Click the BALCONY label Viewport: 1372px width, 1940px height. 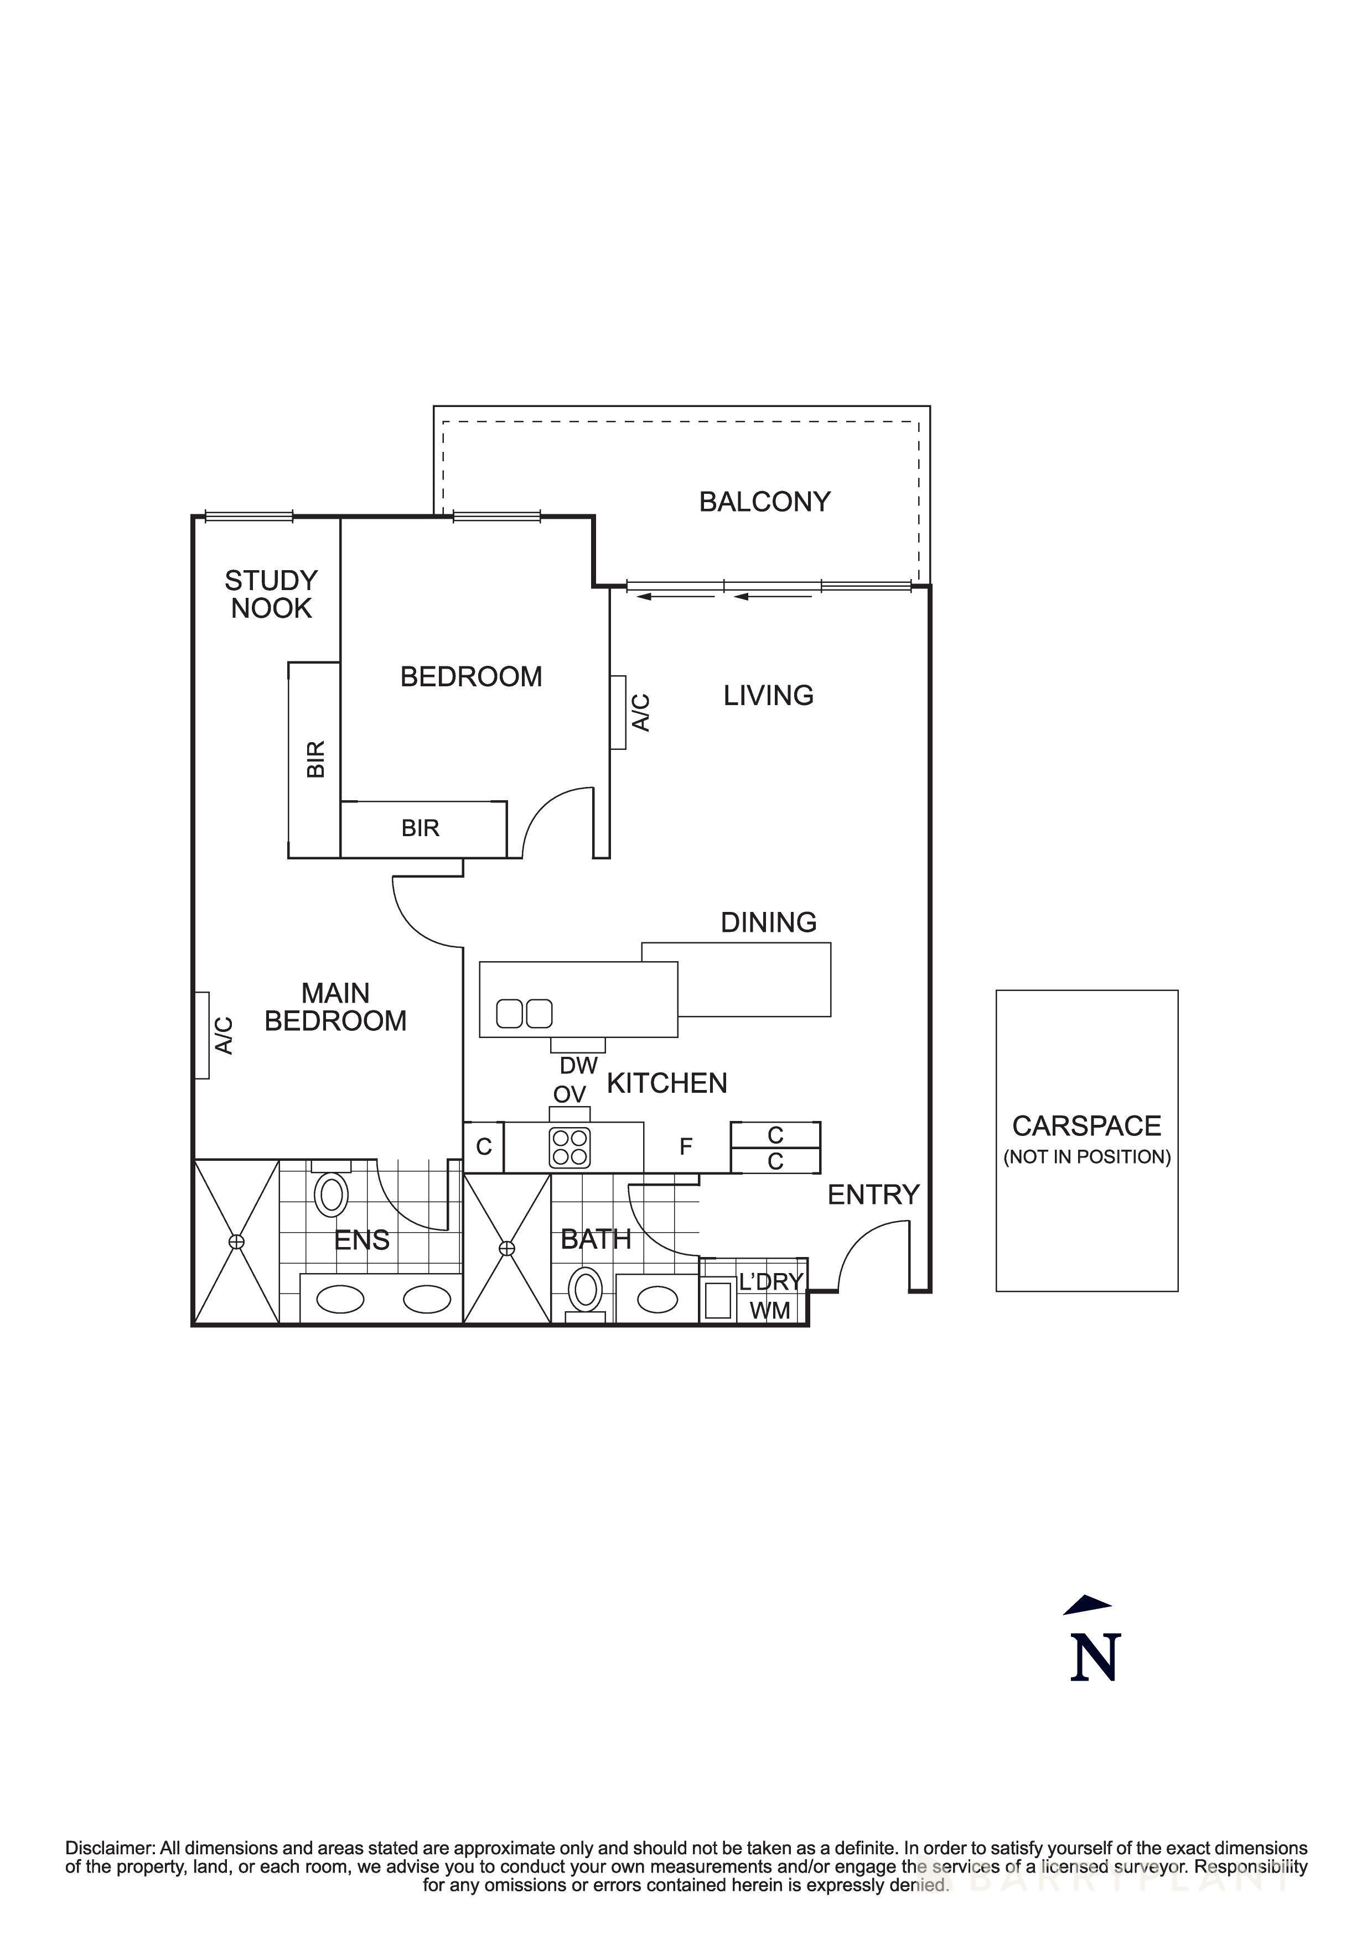pos(764,502)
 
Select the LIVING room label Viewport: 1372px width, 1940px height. pos(768,695)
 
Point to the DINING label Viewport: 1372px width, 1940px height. pos(768,922)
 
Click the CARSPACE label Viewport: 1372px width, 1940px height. pos(1086,1127)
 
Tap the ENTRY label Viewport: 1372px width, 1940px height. pos(873,1195)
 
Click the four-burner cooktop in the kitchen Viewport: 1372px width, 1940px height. pos(569,1148)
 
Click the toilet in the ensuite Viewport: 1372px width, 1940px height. pos(332,1195)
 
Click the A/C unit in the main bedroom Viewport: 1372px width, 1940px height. pos(202,1035)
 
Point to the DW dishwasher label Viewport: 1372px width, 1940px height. pos(578,1066)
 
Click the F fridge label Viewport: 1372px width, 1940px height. pos(686,1146)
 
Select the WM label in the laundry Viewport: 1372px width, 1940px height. pos(770,1311)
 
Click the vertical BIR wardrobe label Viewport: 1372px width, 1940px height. pos(315,759)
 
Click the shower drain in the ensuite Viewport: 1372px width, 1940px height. pos(237,1241)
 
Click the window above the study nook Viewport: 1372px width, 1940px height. pos(248,515)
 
